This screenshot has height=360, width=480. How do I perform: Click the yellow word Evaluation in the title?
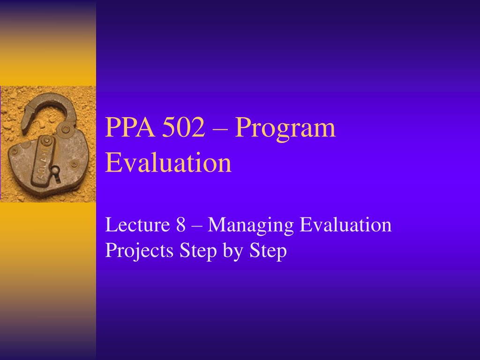[168, 163]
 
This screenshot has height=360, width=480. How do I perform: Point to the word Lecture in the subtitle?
[136, 225]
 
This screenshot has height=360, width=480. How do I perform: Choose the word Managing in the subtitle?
[250, 226]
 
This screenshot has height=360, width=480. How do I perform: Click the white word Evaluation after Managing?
[345, 225]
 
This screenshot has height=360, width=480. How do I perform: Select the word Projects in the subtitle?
[139, 251]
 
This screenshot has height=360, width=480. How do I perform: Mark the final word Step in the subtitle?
[268, 252]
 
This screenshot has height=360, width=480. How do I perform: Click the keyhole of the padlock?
[55, 172]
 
